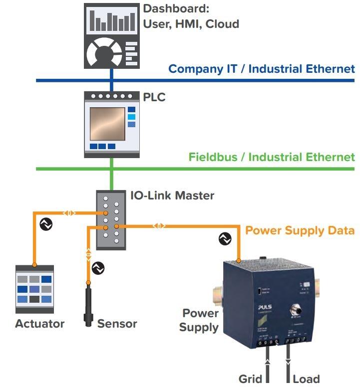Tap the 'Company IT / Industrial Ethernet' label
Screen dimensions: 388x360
262,69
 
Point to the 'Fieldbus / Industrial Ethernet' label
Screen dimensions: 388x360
272,158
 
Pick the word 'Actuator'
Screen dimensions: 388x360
40,324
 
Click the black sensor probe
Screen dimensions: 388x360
89,304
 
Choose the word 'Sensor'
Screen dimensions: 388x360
117,324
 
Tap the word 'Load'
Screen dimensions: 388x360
306,379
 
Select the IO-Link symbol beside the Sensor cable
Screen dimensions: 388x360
99,268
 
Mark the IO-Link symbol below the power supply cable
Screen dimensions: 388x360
225,239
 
